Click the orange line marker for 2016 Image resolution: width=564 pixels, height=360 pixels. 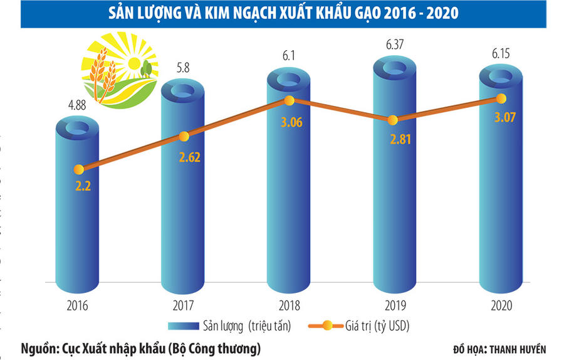click(78, 169)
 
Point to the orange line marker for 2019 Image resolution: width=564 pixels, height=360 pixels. click(393, 120)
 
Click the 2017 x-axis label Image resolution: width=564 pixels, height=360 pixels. click(183, 305)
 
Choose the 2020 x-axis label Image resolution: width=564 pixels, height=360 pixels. click(500, 305)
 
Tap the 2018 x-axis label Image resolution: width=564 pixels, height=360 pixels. click(289, 305)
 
